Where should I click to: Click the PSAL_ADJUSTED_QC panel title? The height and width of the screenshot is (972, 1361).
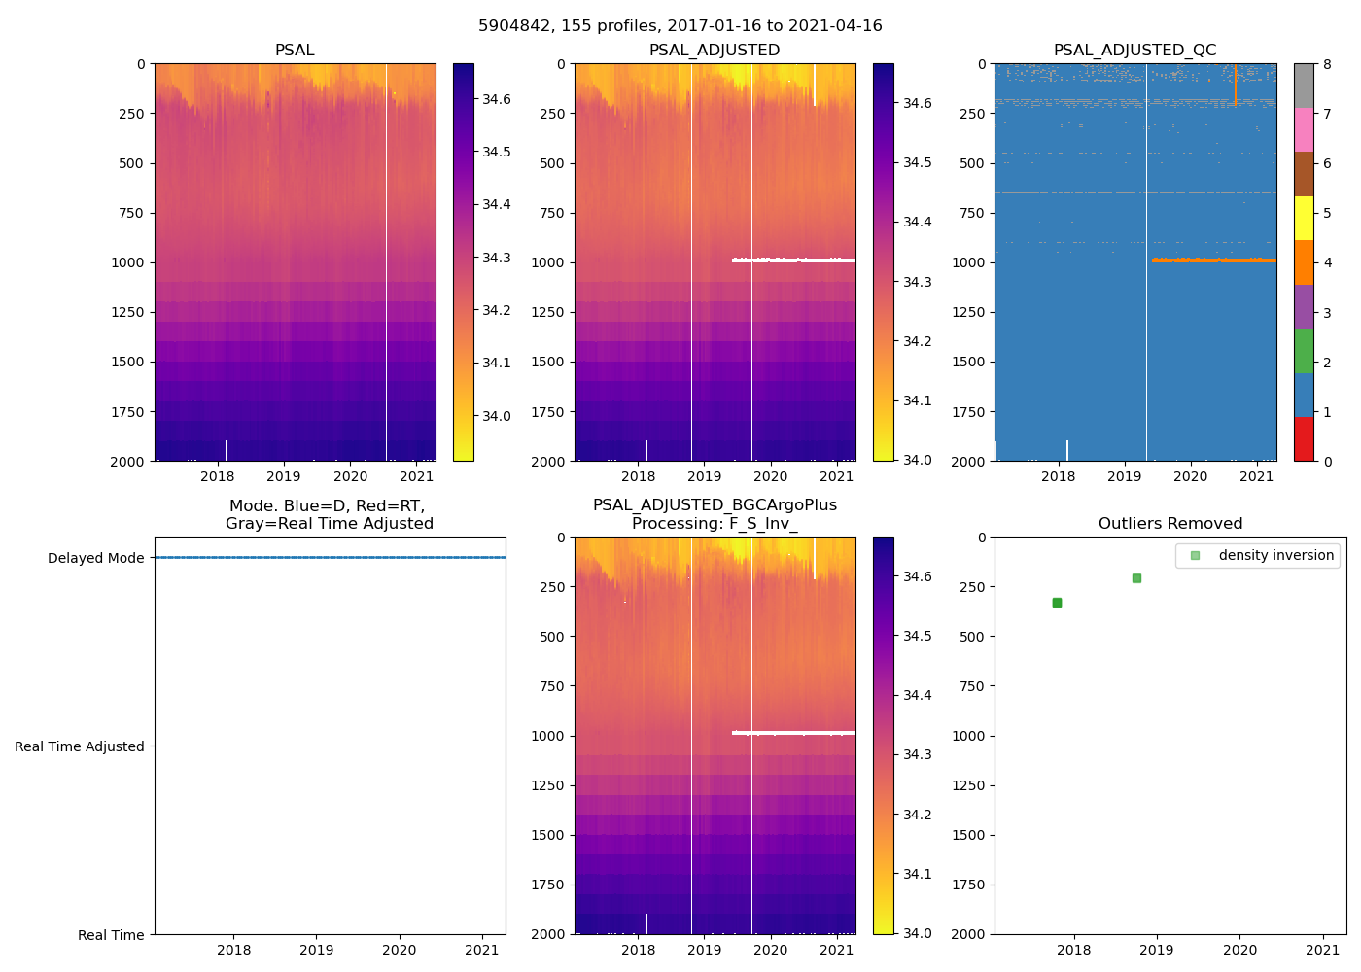tap(1134, 51)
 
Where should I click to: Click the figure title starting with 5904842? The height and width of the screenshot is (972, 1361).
tap(680, 26)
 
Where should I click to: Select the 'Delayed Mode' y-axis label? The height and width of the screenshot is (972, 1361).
tap(95, 558)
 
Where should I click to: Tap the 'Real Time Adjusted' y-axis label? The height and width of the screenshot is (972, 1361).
tap(80, 746)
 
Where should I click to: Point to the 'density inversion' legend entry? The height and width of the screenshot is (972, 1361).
tap(1275, 556)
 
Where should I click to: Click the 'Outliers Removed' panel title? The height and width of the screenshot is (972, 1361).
tap(1170, 524)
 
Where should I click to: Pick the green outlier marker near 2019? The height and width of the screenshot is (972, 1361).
tap(1136, 578)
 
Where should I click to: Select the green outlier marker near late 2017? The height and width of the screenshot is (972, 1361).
tap(1057, 603)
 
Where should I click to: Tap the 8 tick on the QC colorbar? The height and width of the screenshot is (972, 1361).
tap(1327, 64)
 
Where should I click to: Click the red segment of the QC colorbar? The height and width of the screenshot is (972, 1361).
tap(1304, 439)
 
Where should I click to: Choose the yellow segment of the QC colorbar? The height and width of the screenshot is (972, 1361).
tap(1304, 219)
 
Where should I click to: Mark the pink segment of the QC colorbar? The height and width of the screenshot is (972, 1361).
tap(1304, 130)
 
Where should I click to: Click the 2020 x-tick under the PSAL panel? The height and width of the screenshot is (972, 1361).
tap(350, 476)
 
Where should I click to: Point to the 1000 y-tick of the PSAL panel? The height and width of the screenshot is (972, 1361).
tap(127, 262)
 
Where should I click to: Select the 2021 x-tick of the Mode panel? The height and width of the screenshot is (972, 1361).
tap(482, 950)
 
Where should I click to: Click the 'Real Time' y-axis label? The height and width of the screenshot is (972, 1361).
tap(111, 935)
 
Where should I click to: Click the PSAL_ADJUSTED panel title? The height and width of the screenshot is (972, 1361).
tap(715, 51)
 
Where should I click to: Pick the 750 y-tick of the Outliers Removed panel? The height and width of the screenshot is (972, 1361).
tap(973, 686)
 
